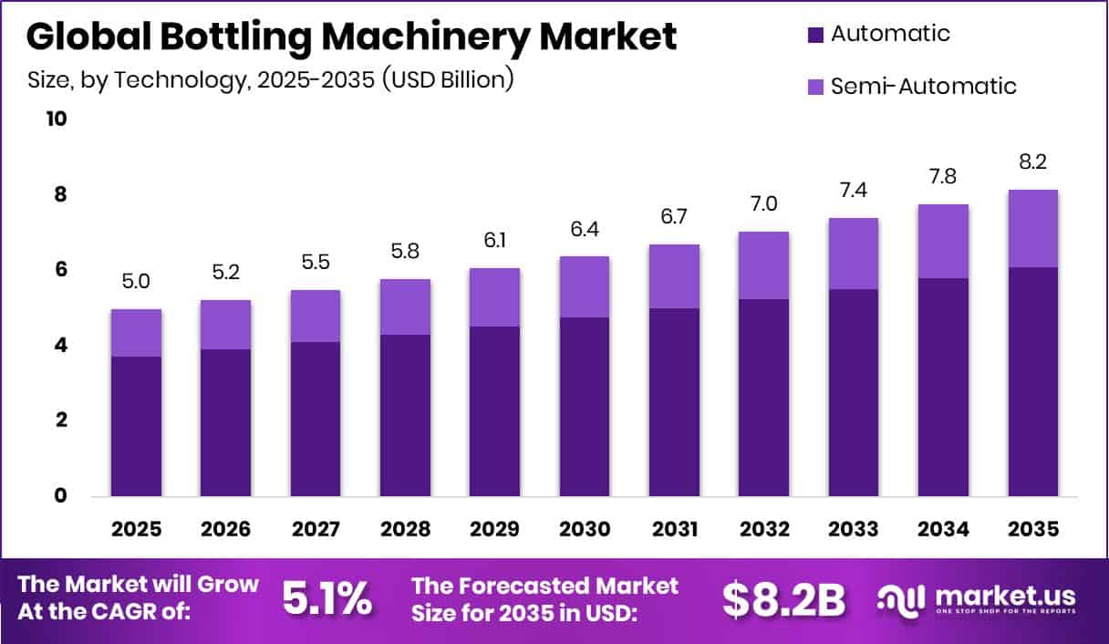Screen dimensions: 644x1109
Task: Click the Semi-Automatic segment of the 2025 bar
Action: [x=136, y=333]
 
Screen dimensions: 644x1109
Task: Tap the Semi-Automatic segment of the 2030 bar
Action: [x=585, y=286]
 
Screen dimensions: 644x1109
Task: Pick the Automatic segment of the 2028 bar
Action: [x=405, y=415]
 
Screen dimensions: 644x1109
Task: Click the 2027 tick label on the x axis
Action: [x=316, y=529]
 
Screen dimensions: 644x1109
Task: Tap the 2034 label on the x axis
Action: [x=943, y=529]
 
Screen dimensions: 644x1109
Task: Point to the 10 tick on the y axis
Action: [x=57, y=119]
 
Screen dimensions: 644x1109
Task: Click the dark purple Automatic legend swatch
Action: [x=815, y=36]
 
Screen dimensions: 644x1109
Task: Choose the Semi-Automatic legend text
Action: [x=923, y=87]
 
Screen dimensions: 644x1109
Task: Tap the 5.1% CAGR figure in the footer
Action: [x=326, y=597]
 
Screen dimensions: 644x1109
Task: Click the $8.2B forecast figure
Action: [x=783, y=597]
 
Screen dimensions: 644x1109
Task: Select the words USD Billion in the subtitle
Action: [x=448, y=80]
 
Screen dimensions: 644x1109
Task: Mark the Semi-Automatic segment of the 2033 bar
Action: [x=854, y=254]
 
